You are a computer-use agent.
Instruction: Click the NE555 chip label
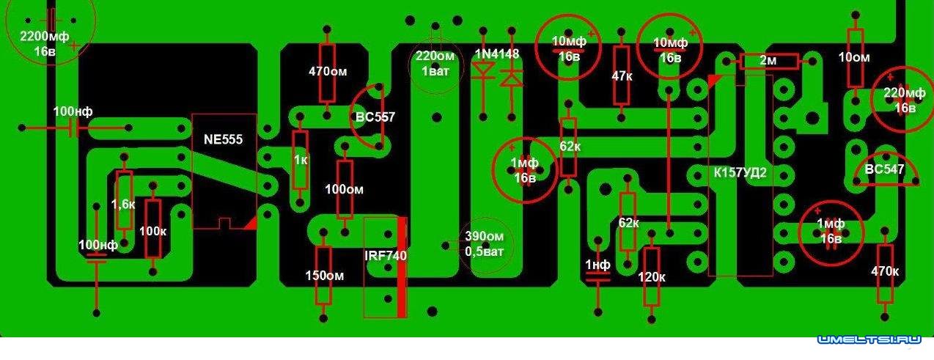[x=223, y=139]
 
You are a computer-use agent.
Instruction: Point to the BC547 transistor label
[x=886, y=169]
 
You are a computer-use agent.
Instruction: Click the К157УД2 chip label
[x=740, y=174]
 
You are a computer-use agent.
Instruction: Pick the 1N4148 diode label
[x=496, y=54]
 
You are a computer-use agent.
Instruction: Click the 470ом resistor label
[x=327, y=72]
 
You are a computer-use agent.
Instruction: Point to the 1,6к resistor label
[x=123, y=203]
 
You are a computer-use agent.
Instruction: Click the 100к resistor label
[x=152, y=230]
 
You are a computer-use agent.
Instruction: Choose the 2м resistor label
[x=768, y=61]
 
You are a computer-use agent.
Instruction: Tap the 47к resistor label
[x=622, y=76]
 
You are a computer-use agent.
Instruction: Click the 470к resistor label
[x=886, y=271]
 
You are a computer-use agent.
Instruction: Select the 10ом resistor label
[x=854, y=57]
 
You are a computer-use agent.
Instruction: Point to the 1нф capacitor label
[x=597, y=264]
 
